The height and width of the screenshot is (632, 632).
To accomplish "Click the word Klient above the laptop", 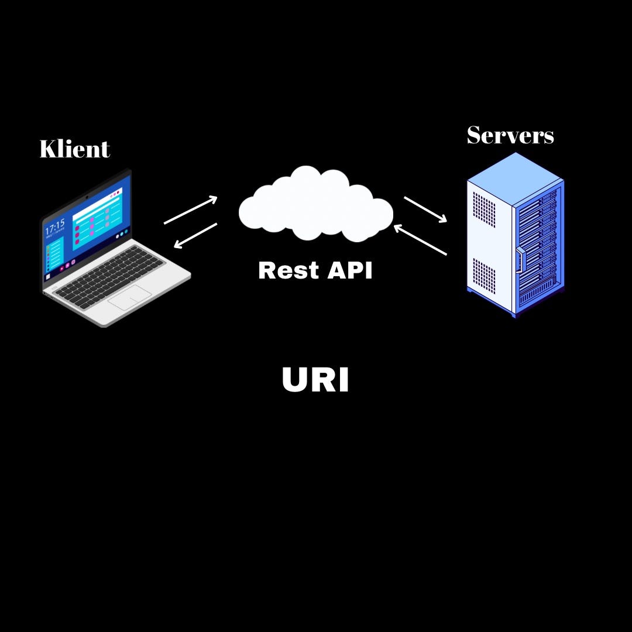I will pyautogui.click(x=74, y=149).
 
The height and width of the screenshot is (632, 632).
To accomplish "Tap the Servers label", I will pyautogui.click(x=510, y=135).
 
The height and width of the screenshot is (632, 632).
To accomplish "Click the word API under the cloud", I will pyautogui.click(x=349, y=270).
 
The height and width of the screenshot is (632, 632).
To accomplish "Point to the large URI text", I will pyautogui.click(x=315, y=380).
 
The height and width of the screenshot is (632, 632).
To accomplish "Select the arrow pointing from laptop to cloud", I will pyautogui.click(x=191, y=210).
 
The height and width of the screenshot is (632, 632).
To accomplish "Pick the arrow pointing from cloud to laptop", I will pyautogui.click(x=195, y=235).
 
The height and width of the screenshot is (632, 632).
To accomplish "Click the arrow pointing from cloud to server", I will pyautogui.click(x=425, y=209).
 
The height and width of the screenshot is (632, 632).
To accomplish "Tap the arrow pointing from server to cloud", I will pyautogui.click(x=420, y=240).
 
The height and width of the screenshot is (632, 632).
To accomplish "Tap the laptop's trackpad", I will pyautogui.click(x=129, y=298).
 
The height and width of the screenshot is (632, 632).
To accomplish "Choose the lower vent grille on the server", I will pyautogui.click(x=483, y=276).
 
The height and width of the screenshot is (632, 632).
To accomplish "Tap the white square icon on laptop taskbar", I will pyautogui.click(x=48, y=276).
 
